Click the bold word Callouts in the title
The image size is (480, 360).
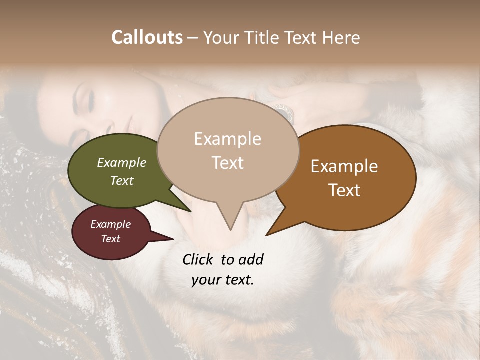pyautogui.click(x=147, y=37)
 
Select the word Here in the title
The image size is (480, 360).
pyautogui.click(x=341, y=37)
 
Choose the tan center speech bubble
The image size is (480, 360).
pyautogui.click(x=228, y=150)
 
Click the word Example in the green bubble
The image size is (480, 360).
pyautogui.click(x=122, y=163)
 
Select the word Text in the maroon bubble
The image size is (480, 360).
pyautogui.click(x=111, y=239)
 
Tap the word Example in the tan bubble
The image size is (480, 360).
pyautogui.click(x=228, y=139)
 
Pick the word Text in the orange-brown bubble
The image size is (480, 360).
pyautogui.click(x=345, y=190)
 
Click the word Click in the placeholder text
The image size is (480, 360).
pyautogui.click(x=198, y=259)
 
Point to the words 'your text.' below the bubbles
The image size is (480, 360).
pyautogui.click(x=223, y=280)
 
